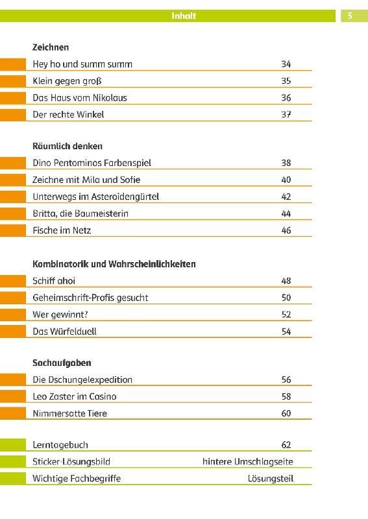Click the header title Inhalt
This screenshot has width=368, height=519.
tap(184, 16)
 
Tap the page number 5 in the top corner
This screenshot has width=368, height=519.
tap(350, 16)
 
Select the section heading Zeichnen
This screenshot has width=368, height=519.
tap(51, 47)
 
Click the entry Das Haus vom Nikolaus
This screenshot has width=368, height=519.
tap(80, 98)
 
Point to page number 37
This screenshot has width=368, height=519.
tap(286, 115)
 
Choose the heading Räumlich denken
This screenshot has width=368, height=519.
tap(67, 147)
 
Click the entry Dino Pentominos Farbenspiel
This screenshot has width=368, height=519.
tap(92, 163)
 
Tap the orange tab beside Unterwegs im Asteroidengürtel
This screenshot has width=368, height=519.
tap(13, 197)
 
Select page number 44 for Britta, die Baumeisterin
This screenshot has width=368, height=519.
tap(286, 213)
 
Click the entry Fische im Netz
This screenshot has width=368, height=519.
tap(62, 230)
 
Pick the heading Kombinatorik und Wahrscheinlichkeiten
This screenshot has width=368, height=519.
tap(114, 264)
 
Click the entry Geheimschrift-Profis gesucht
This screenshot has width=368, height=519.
tap(90, 298)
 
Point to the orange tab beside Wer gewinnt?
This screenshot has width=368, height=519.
tap(13, 315)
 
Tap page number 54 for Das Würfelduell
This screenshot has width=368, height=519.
tap(286, 332)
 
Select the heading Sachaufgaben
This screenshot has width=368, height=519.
tap(62, 363)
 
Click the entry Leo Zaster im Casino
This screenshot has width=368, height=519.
tap(75, 396)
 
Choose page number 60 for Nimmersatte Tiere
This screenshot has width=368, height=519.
tap(286, 413)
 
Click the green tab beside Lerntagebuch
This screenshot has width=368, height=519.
tap(13, 445)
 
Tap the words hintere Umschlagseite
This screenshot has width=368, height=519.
tap(248, 462)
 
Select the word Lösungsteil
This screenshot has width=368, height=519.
tap(271, 479)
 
